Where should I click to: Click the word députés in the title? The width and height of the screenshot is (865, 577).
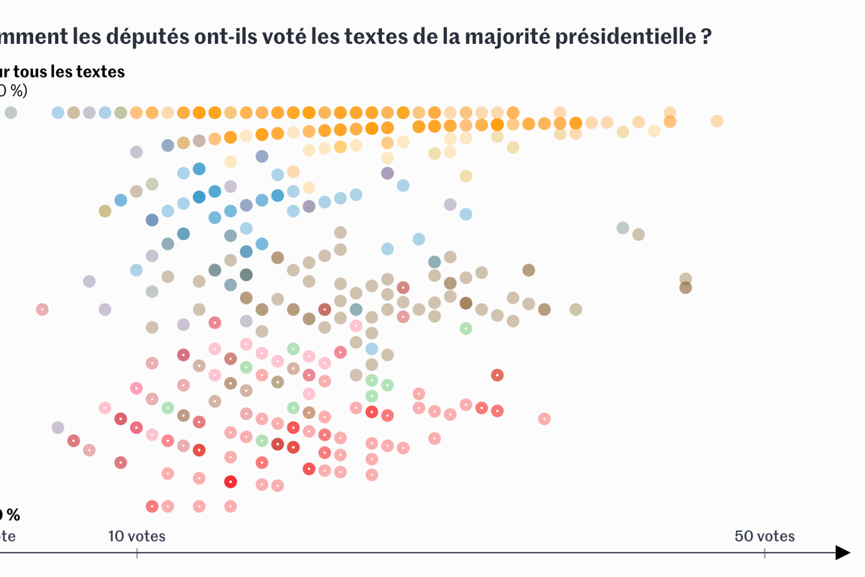coord(148,37)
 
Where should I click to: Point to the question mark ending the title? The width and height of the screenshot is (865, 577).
coord(706,37)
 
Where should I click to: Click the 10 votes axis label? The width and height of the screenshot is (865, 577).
coord(136,536)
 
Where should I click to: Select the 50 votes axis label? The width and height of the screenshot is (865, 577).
coord(764,536)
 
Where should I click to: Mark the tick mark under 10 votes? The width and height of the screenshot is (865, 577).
coord(137,554)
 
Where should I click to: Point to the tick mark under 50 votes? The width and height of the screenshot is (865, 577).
coord(765,554)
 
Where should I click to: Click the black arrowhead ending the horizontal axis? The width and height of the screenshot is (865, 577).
coord(843,552)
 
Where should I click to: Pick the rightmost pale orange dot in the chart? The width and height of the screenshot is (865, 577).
coord(717,121)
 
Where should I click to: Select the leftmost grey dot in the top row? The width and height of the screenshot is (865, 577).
coord(11,112)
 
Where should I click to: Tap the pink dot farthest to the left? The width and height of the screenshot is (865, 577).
coord(42,310)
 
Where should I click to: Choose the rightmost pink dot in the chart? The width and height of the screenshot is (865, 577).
coord(544,419)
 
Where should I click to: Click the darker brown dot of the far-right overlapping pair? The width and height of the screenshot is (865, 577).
coord(685,288)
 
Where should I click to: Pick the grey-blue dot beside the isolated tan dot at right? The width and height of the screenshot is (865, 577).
coord(623,228)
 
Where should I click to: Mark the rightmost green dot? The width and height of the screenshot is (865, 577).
coord(466,328)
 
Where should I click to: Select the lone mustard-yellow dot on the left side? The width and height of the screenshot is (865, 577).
coord(105,211)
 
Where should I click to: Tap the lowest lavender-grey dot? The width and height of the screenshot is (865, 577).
coord(58,427)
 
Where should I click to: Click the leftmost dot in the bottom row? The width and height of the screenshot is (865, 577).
coord(152,506)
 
